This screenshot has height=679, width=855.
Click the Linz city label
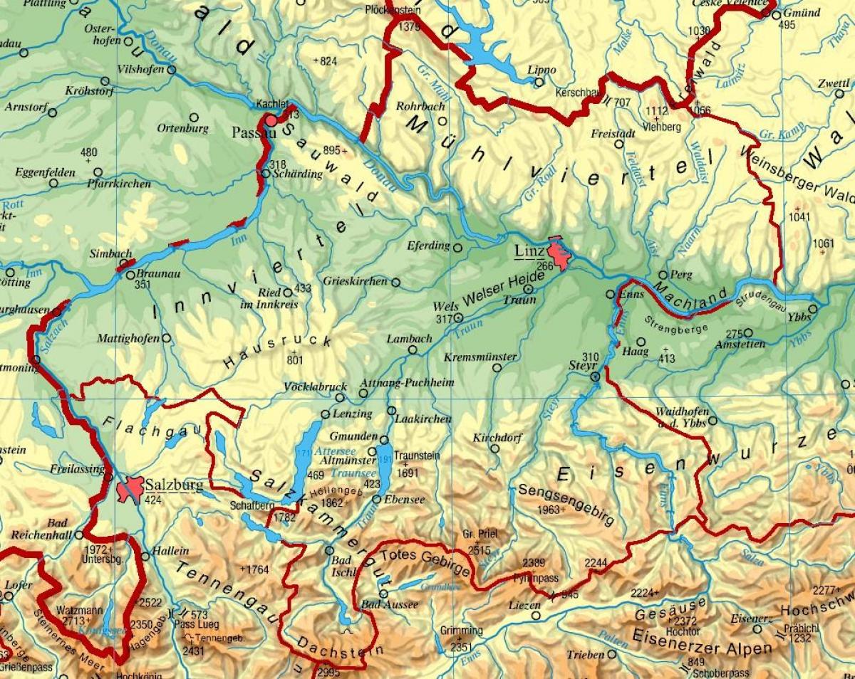click(x=529, y=251)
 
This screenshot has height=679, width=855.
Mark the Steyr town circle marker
click(x=596, y=377)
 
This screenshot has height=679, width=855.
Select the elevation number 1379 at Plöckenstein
click(x=410, y=27)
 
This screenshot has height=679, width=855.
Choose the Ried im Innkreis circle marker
click(x=287, y=292)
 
